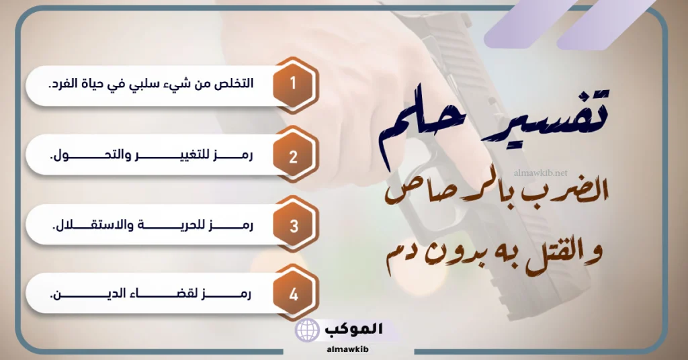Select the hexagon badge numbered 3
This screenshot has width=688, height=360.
pyautogui.click(x=294, y=226)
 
